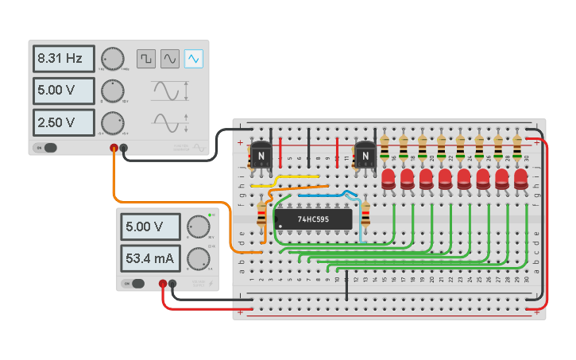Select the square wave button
coord(146,59)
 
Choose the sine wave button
coord(170,59)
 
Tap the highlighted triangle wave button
coord(194,59)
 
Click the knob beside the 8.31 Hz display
coord(113,59)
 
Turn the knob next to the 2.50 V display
coord(113,122)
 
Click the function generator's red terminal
coord(114,148)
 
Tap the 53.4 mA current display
coord(151,258)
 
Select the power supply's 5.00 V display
coord(151,227)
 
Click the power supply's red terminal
coord(163,284)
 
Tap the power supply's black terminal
coord(172,284)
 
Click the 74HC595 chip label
coord(315,219)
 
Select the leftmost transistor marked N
coord(261,156)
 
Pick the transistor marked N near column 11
coord(365,156)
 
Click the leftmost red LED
coord(389,178)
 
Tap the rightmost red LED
coord(521,178)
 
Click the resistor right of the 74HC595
coord(365,215)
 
